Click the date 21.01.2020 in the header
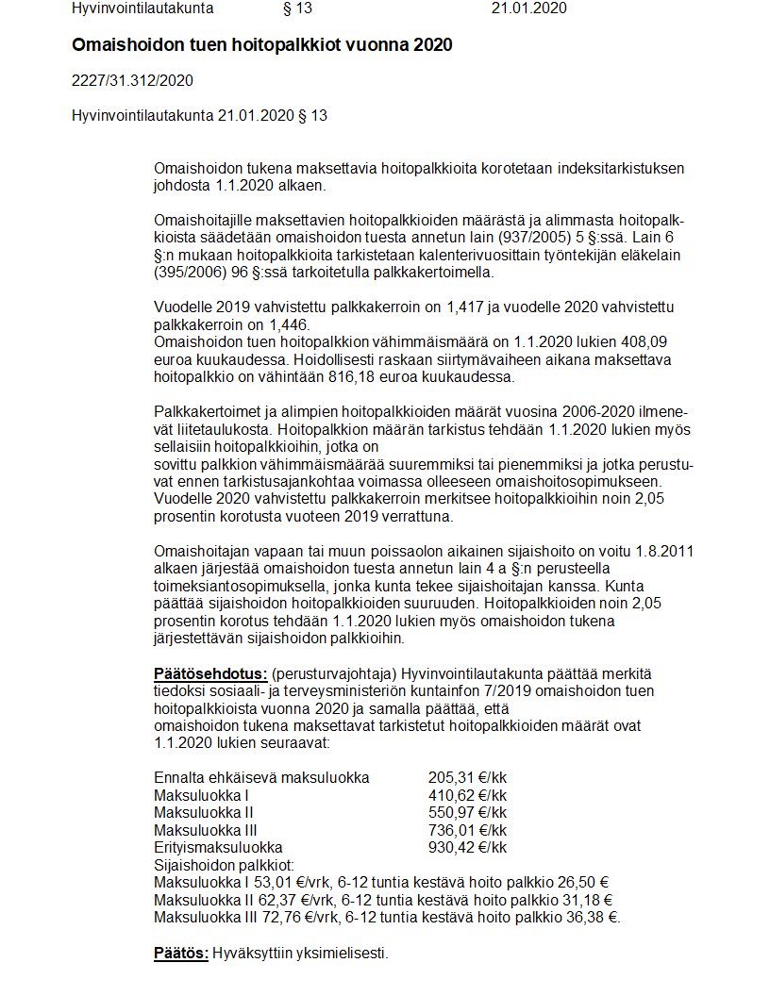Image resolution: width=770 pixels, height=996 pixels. pyautogui.click(x=528, y=8)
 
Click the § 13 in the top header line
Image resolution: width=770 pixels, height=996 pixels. pyautogui.click(x=297, y=8)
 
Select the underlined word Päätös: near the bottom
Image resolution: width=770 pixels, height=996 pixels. pyautogui.click(x=181, y=953)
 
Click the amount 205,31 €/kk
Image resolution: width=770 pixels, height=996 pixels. pyautogui.click(x=467, y=778)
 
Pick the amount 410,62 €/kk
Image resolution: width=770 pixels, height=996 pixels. pyautogui.click(x=467, y=795)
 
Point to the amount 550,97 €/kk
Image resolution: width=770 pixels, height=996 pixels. pyautogui.click(x=467, y=812)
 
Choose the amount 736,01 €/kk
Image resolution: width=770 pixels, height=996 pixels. pyautogui.click(x=467, y=830)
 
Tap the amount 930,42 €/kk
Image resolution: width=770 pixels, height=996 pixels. pyautogui.click(x=467, y=847)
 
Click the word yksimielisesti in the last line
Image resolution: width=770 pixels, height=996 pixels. pyautogui.click(x=340, y=953)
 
